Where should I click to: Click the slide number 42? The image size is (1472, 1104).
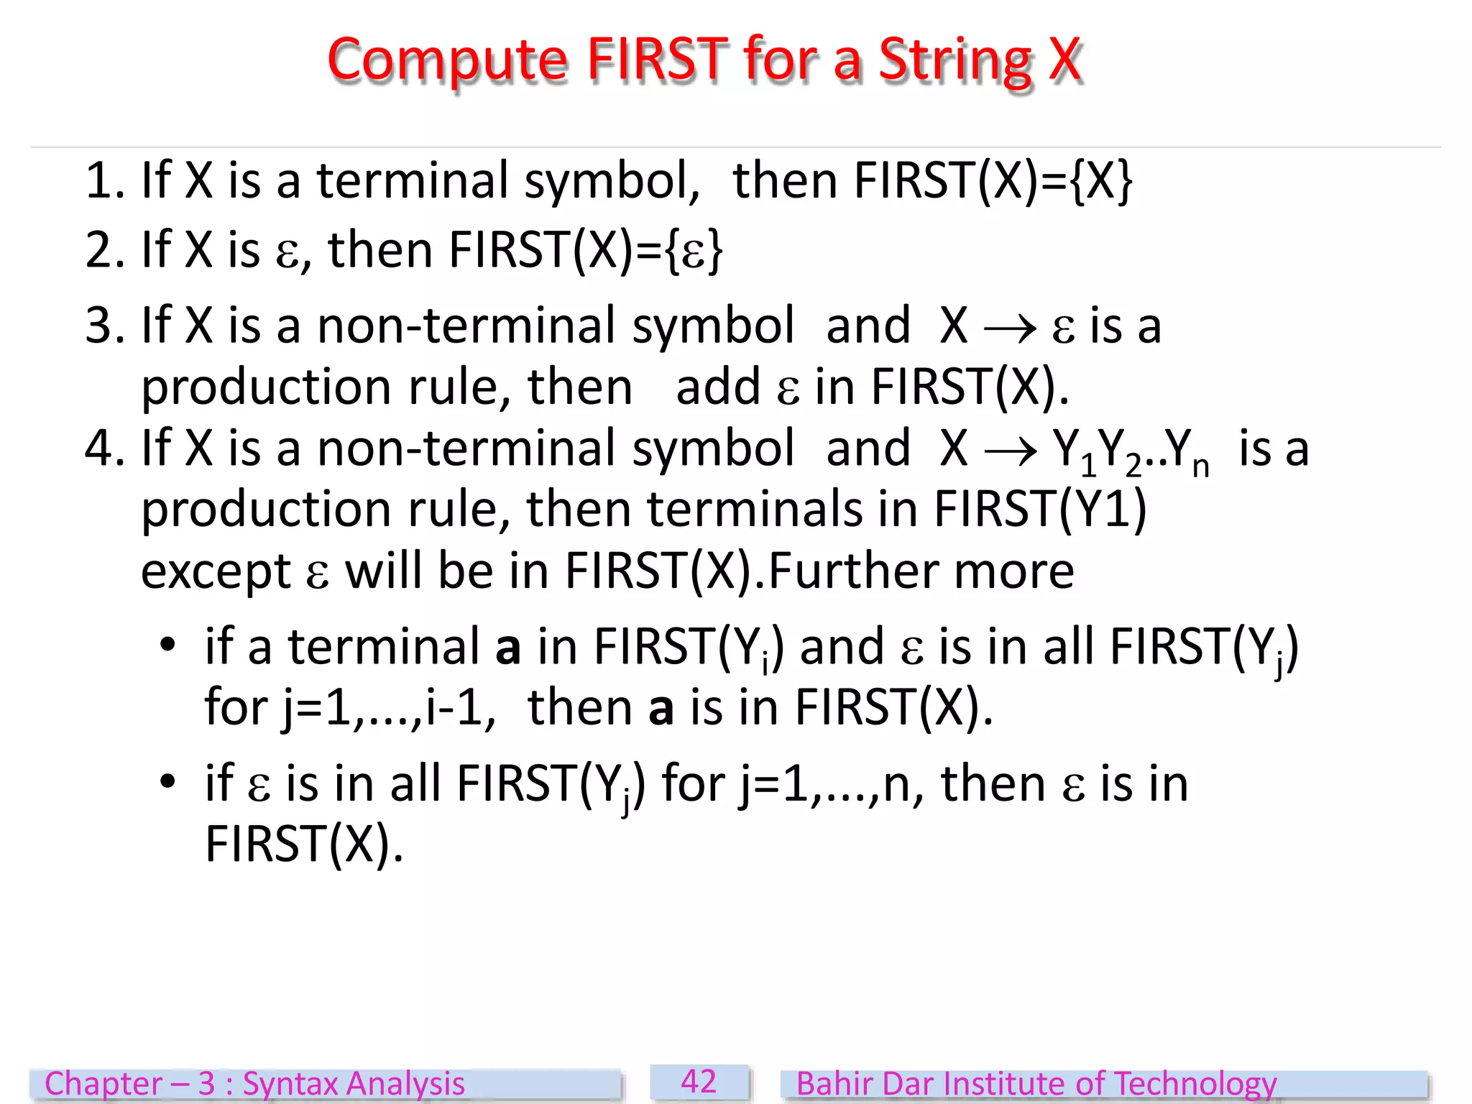[x=699, y=1082]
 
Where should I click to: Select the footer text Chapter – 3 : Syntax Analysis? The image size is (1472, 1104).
[x=254, y=1084]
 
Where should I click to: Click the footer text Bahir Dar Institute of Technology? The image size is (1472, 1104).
[x=1036, y=1084]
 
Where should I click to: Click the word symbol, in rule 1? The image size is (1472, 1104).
[x=612, y=182]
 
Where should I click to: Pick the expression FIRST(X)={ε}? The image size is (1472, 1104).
[x=585, y=251]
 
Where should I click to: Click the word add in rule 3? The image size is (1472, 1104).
[x=717, y=387]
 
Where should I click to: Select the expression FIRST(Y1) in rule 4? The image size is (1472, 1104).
[x=1040, y=510]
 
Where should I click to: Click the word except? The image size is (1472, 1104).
[x=216, y=572]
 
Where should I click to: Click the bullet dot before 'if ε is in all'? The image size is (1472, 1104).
[x=167, y=781]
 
